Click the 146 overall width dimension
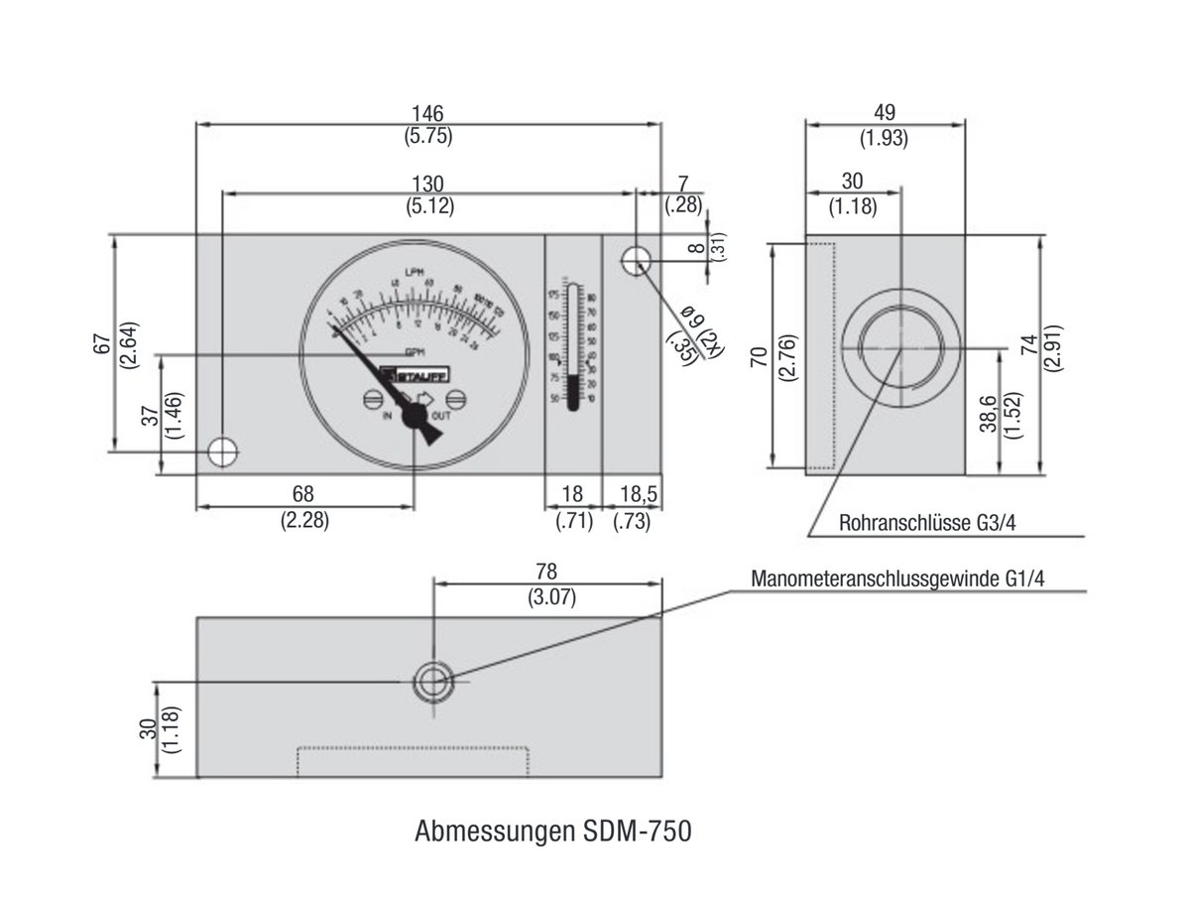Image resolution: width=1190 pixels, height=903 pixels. point(428,113)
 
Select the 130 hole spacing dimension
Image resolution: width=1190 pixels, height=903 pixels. point(428,184)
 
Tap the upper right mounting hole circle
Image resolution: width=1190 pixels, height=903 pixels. point(636,261)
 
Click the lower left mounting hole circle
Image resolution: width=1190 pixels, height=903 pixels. point(223,451)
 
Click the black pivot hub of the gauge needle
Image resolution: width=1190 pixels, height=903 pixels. point(413,419)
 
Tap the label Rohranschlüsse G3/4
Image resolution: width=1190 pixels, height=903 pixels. point(926,523)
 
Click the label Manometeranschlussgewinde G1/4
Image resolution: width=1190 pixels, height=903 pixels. point(897,579)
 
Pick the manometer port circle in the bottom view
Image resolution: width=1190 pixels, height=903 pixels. point(433,682)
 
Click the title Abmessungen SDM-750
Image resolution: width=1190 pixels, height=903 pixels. point(552,831)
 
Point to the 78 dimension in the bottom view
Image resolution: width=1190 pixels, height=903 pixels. point(546,572)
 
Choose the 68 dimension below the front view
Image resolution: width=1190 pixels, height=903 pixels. point(303,493)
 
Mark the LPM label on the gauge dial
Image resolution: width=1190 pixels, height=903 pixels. point(415,273)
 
